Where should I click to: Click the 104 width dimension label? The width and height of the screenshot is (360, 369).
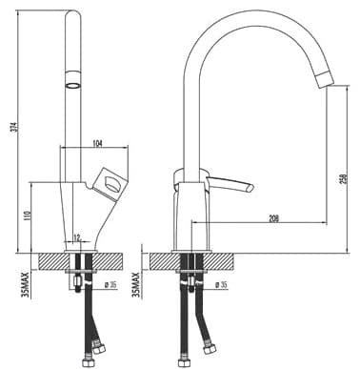pyautogui.click(x=97, y=144)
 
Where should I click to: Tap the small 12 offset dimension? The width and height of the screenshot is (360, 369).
pyautogui.click(x=77, y=236)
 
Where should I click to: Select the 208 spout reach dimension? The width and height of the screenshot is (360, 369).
pyautogui.click(x=273, y=218)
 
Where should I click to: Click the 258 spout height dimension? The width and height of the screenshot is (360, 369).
pyautogui.click(x=346, y=180)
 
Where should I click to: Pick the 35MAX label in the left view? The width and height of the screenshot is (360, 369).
pyautogui.click(x=26, y=284)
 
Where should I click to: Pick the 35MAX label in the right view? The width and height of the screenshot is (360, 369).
pyautogui.click(x=136, y=284)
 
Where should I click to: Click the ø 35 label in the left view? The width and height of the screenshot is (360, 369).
pyautogui.click(x=110, y=285)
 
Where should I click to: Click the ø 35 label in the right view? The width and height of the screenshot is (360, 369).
pyautogui.click(x=221, y=285)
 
